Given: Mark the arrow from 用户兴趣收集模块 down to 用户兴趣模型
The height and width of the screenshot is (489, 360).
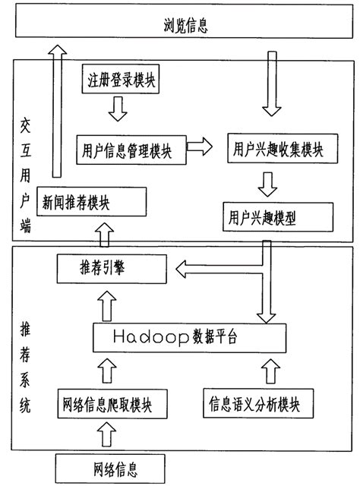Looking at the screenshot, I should (267, 183).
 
